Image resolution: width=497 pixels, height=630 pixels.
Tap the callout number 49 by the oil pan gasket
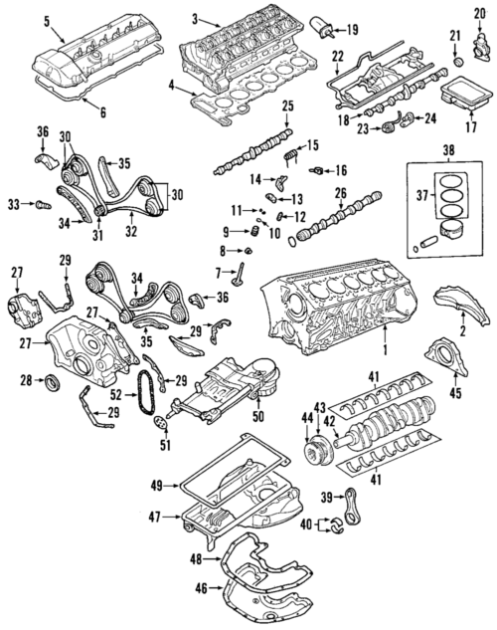[x=155, y=487]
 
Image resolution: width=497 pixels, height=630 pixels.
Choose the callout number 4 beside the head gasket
[x=171, y=89]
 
